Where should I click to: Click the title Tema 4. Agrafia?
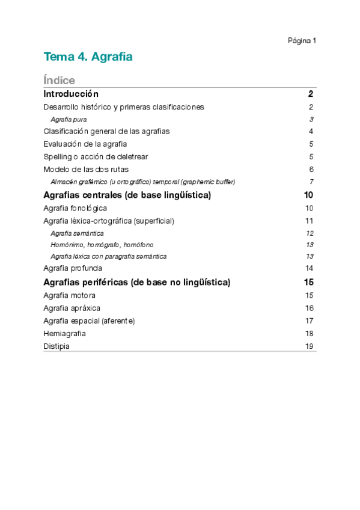tap(88, 57)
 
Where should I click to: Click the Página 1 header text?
tap(302, 41)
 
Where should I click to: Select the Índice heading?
tap(59, 81)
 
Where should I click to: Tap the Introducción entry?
tap(71, 94)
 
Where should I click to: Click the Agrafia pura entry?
tap(69, 120)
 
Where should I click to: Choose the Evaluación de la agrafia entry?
tap(85, 144)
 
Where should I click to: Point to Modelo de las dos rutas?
tap(86, 169)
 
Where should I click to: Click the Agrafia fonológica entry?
tap(75, 208)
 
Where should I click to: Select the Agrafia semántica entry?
tap(77, 233)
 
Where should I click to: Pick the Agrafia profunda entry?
tap(73, 268)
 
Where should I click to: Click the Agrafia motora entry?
tap(69, 295)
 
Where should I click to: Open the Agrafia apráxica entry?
tap(72, 308)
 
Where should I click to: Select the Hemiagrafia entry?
tap(64, 333)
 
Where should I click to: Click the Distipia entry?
tap(56, 346)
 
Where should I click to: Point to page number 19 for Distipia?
tap(310, 346)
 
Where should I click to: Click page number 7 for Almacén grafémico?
tap(312, 182)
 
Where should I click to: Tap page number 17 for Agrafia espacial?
tap(310, 321)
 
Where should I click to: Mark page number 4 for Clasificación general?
tap(311, 131)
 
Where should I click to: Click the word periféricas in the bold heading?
tap(103, 282)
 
